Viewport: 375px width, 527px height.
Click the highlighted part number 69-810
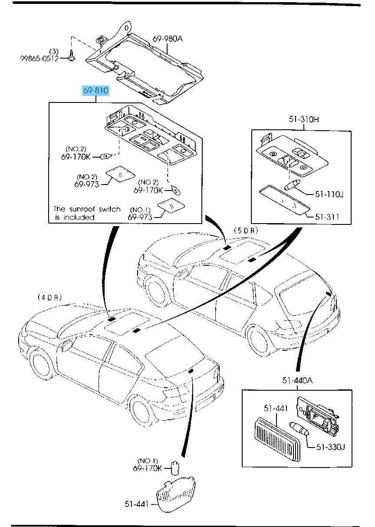click(x=95, y=91)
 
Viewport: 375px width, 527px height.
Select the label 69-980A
click(x=168, y=39)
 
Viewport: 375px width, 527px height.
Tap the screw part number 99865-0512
click(x=39, y=59)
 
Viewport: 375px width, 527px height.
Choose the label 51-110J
click(x=329, y=194)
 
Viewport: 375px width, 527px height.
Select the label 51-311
click(x=327, y=217)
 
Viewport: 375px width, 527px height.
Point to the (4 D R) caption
click(x=49, y=297)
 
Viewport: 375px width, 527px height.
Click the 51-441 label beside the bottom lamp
click(x=138, y=504)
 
